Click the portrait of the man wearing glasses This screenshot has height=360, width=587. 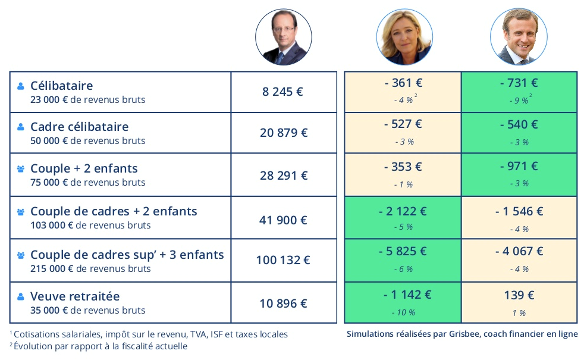coord(283,37)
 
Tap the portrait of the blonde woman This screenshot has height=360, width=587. coord(404,37)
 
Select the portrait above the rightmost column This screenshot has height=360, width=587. coord(518,37)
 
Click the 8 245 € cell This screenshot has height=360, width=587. coord(282,92)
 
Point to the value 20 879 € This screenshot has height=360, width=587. coord(284,133)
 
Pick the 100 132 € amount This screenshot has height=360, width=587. coord(283,260)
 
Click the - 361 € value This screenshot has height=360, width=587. coord(403,83)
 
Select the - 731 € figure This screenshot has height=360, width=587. coord(519,83)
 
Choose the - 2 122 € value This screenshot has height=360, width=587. coord(403,211)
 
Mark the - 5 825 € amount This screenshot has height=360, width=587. coord(403,251)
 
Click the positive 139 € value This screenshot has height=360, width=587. coord(519,295)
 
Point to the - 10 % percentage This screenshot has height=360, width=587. coord(403,312)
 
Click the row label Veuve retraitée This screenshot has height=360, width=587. coord(75,296)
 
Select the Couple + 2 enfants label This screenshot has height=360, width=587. coord(84,168)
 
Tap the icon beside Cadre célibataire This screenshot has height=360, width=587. coord(21,127)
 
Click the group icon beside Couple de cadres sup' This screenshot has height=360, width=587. coord(21,255)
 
